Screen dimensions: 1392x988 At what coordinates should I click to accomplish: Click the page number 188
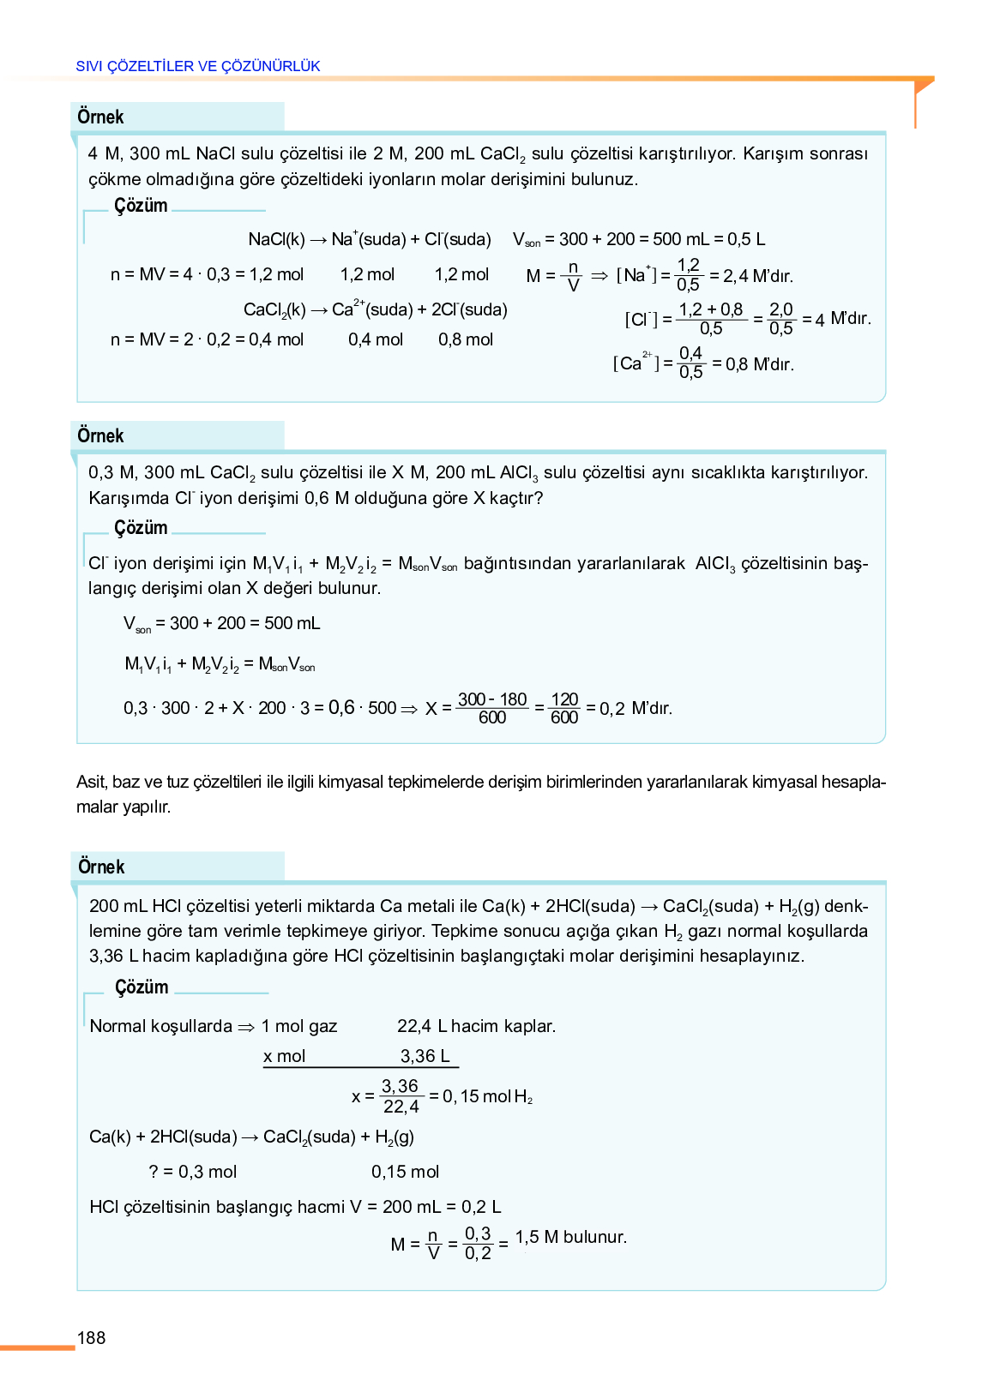91,1338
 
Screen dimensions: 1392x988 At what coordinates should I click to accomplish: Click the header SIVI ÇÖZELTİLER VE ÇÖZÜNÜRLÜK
198,66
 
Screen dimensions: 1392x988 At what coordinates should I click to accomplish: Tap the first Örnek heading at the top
100,117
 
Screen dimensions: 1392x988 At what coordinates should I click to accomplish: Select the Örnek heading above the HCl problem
101,867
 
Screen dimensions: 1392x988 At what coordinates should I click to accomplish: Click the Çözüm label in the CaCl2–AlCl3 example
141,527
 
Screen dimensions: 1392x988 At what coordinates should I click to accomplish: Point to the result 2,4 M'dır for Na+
751,276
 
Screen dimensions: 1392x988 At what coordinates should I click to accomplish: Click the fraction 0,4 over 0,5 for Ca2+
690,363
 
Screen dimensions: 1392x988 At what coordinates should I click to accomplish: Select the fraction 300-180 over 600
492,708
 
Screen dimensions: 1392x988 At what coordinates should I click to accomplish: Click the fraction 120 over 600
564,708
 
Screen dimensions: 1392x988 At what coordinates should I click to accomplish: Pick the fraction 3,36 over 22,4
401,1096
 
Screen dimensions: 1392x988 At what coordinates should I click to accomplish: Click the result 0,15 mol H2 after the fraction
487,1096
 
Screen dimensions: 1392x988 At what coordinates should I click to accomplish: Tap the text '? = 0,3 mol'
193,1172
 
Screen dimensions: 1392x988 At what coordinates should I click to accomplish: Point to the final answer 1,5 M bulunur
571,1237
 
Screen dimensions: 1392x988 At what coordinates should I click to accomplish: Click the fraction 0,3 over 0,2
478,1243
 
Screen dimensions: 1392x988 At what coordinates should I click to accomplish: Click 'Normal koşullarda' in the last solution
161,1026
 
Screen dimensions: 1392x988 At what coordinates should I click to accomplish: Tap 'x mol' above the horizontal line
284,1056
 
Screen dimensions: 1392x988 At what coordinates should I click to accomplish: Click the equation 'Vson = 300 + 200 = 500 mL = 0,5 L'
639,239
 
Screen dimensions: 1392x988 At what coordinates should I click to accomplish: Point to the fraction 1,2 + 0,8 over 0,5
711,319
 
